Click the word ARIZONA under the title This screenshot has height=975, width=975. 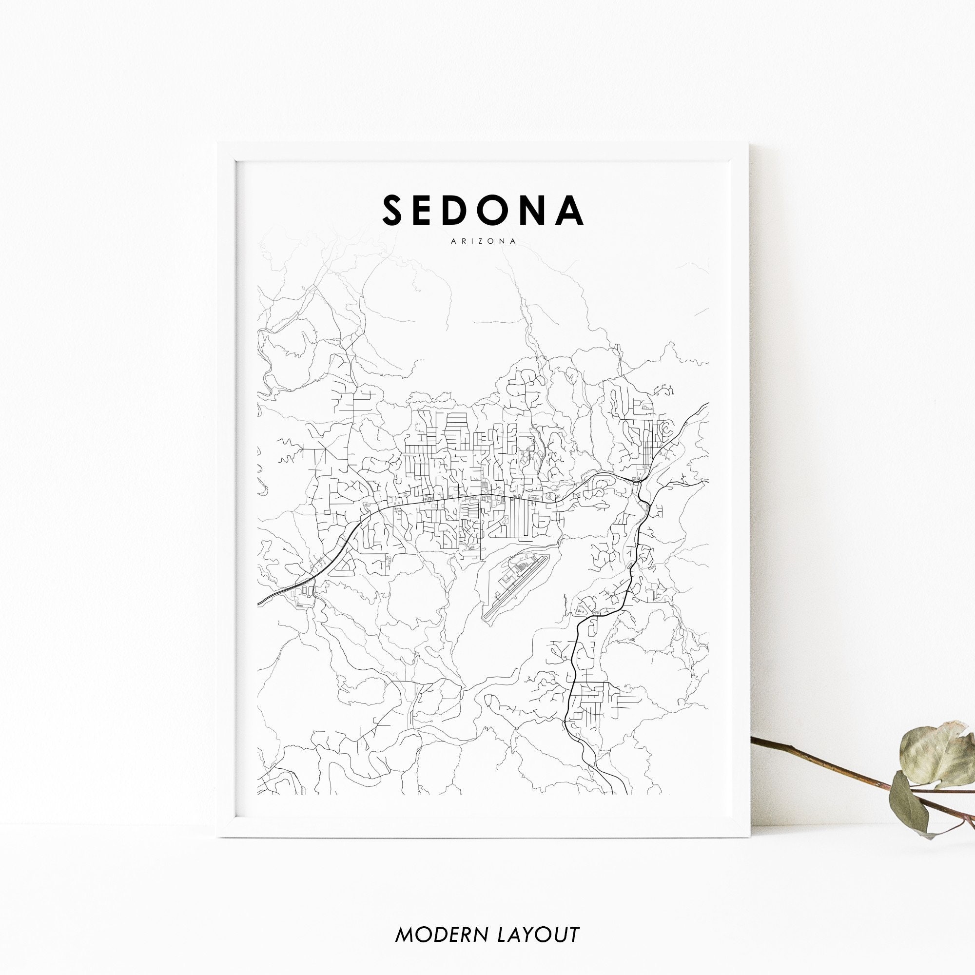coord(483,242)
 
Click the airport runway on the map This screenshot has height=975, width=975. coord(515,588)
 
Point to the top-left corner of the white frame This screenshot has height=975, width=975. coord(218,143)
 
